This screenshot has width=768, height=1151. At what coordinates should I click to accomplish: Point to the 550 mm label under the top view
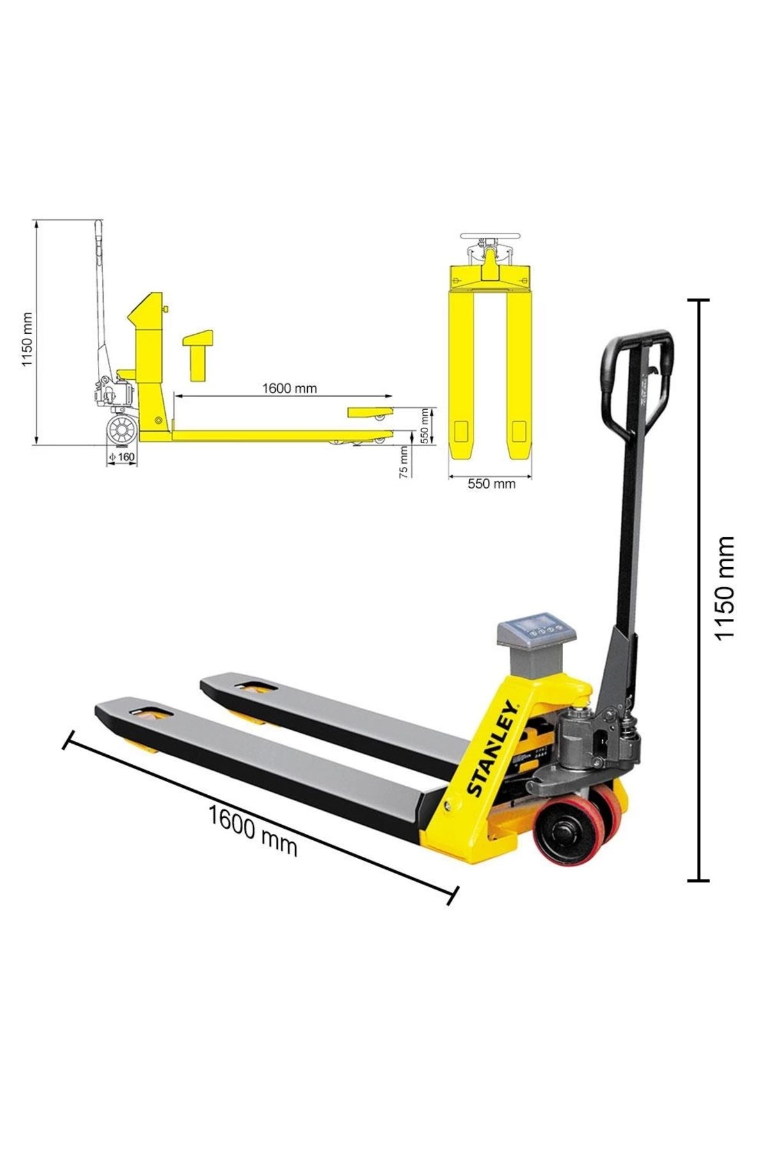point(492,484)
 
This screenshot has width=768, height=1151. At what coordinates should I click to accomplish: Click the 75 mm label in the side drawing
point(403,462)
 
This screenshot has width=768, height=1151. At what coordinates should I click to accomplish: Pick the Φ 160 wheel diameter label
point(122,457)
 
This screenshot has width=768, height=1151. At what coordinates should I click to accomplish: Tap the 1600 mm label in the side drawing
point(289,388)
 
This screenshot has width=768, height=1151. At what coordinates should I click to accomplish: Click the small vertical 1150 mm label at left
point(27,339)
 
